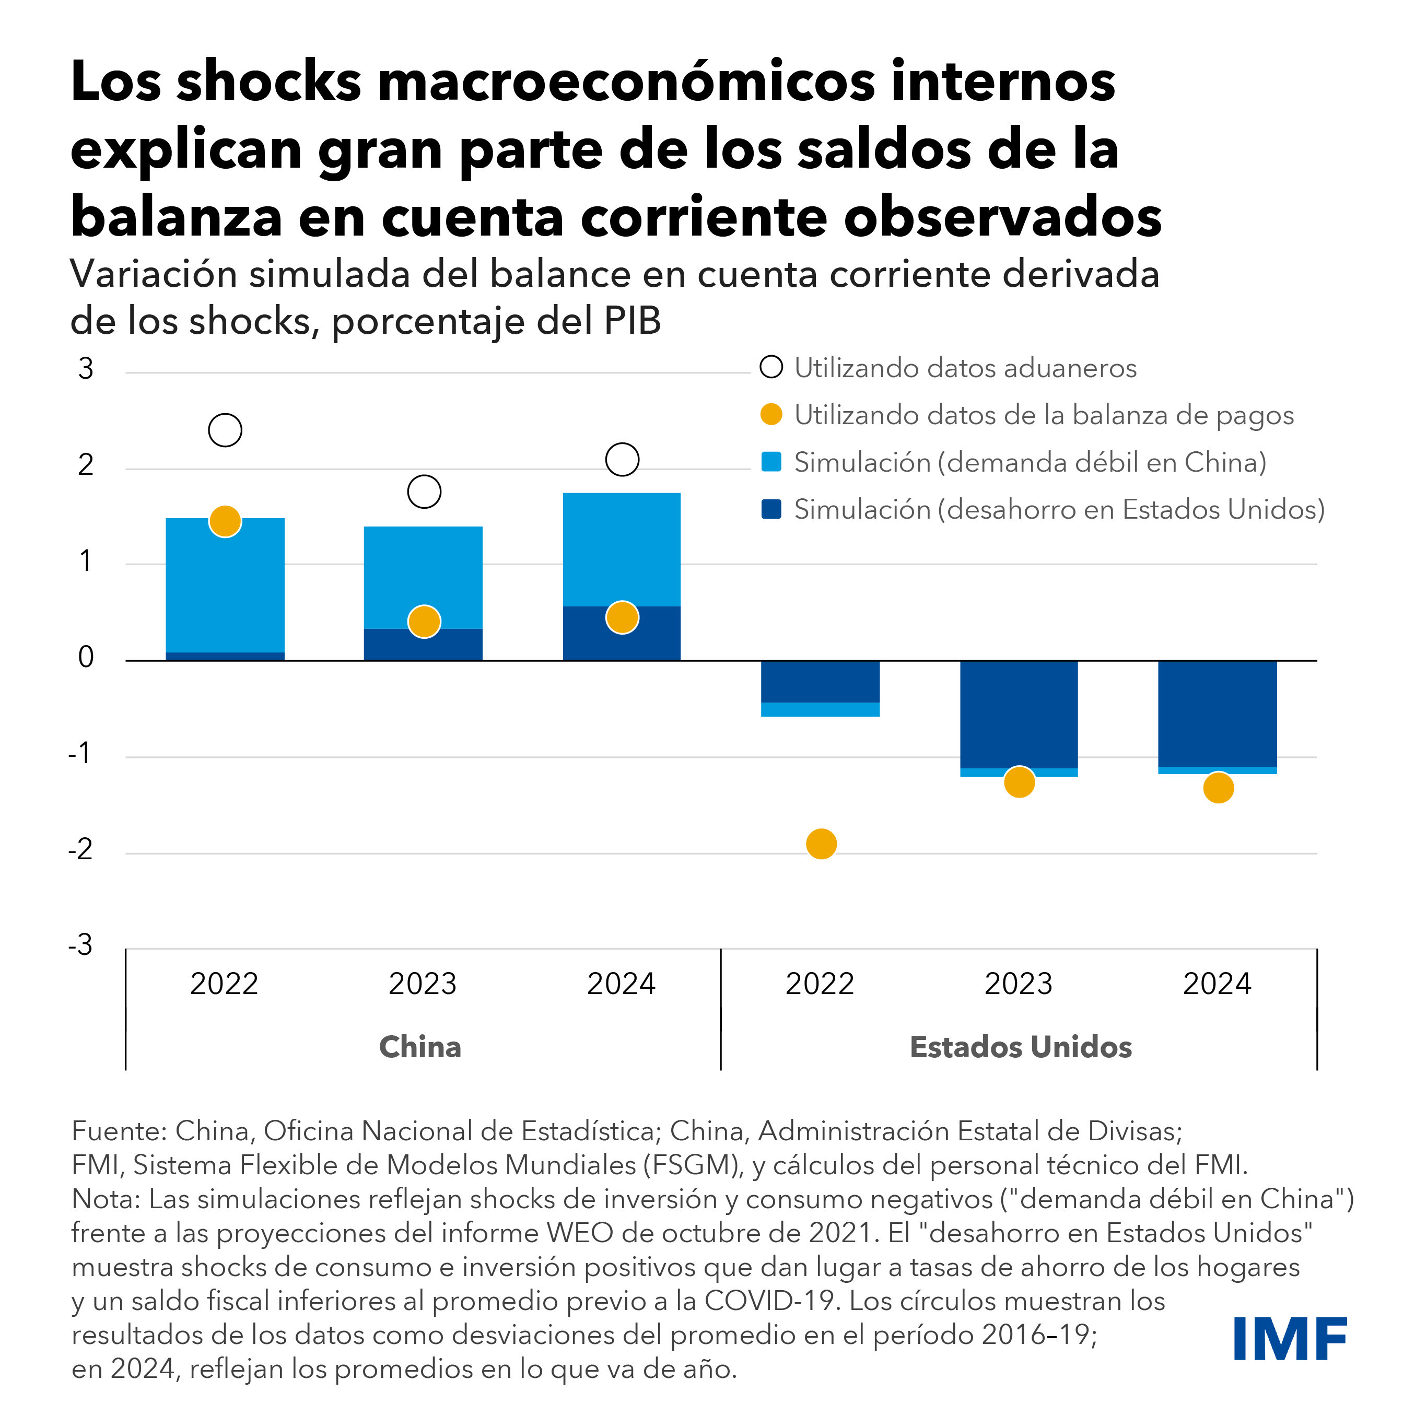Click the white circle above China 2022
tap(225, 430)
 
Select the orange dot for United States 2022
tap(821, 844)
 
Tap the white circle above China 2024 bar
tap(622, 459)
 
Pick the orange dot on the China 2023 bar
tap(424, 622)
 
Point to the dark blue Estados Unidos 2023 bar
tap(1019, 714)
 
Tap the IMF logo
tap(1290, 1339)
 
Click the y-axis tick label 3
tap(86, 368)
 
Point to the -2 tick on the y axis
tap(80, 850)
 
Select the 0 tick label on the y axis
tap(86, 657)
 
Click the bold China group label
tap(420, 1047)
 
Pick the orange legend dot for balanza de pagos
tap(771, 415)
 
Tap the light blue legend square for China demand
tap(771, 462)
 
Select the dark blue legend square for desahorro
tap(771, 509)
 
